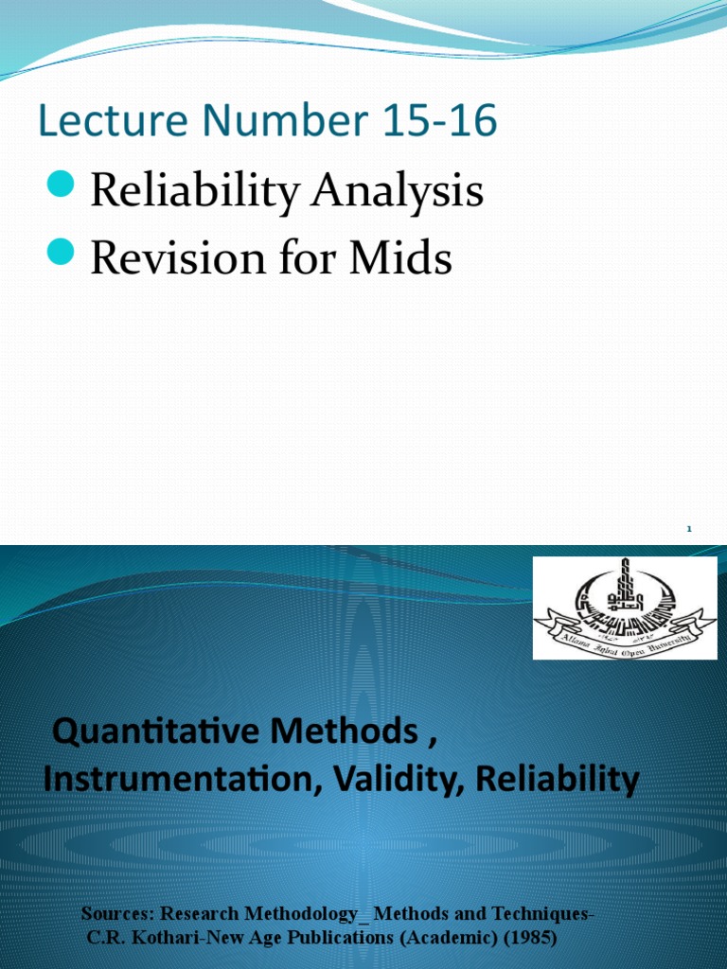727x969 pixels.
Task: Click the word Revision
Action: [x=173, y=258]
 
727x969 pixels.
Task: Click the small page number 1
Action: [x=689, y=531]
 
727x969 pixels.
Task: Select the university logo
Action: [x=624, y=608]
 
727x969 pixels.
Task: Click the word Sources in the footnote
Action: [x=117, y=914]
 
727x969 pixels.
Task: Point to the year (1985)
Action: [x=521, y=938]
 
